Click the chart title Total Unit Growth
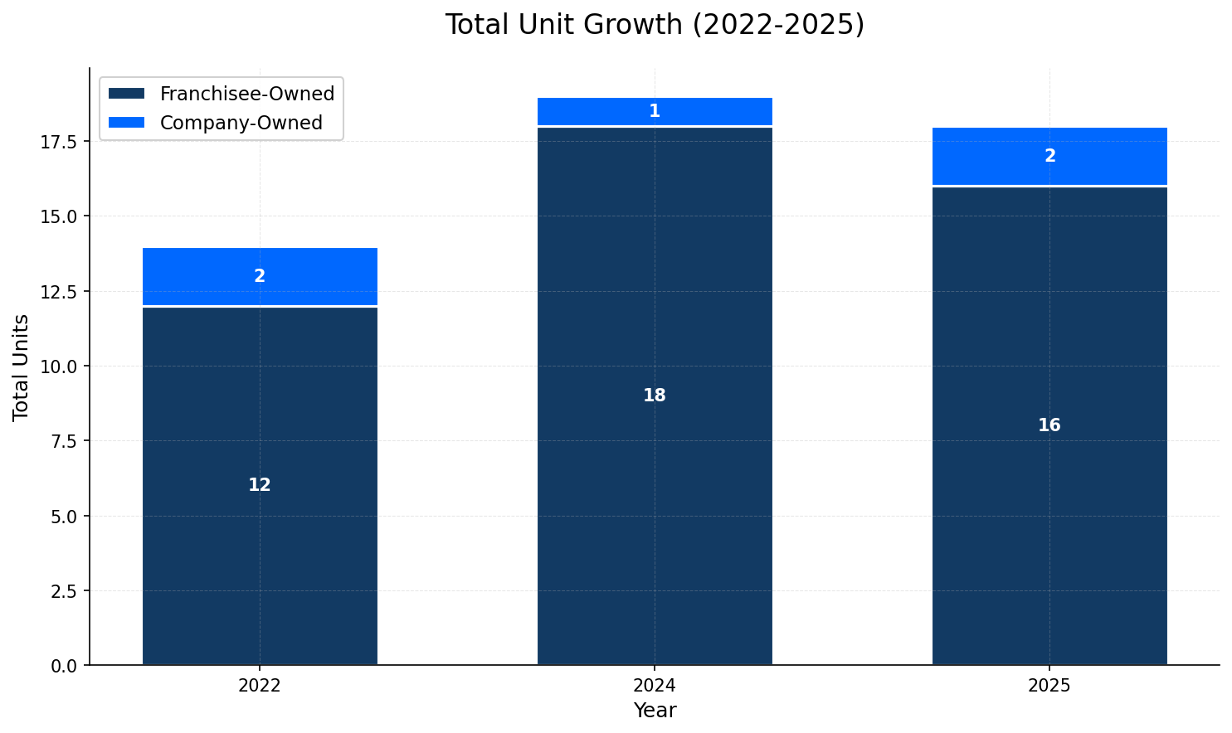point(654,25)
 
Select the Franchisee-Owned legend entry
point(246,94)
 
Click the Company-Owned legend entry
point(241,123)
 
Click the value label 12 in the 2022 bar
point(260,485)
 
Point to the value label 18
point(655,396)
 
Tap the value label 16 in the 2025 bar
point(1049,425)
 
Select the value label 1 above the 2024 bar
point(655,111)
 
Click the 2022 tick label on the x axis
point(260,686)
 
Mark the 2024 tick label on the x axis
point(655,686)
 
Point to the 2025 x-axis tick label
point(1049,686)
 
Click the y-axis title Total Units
point(22,366)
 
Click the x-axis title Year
point(655,711)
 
